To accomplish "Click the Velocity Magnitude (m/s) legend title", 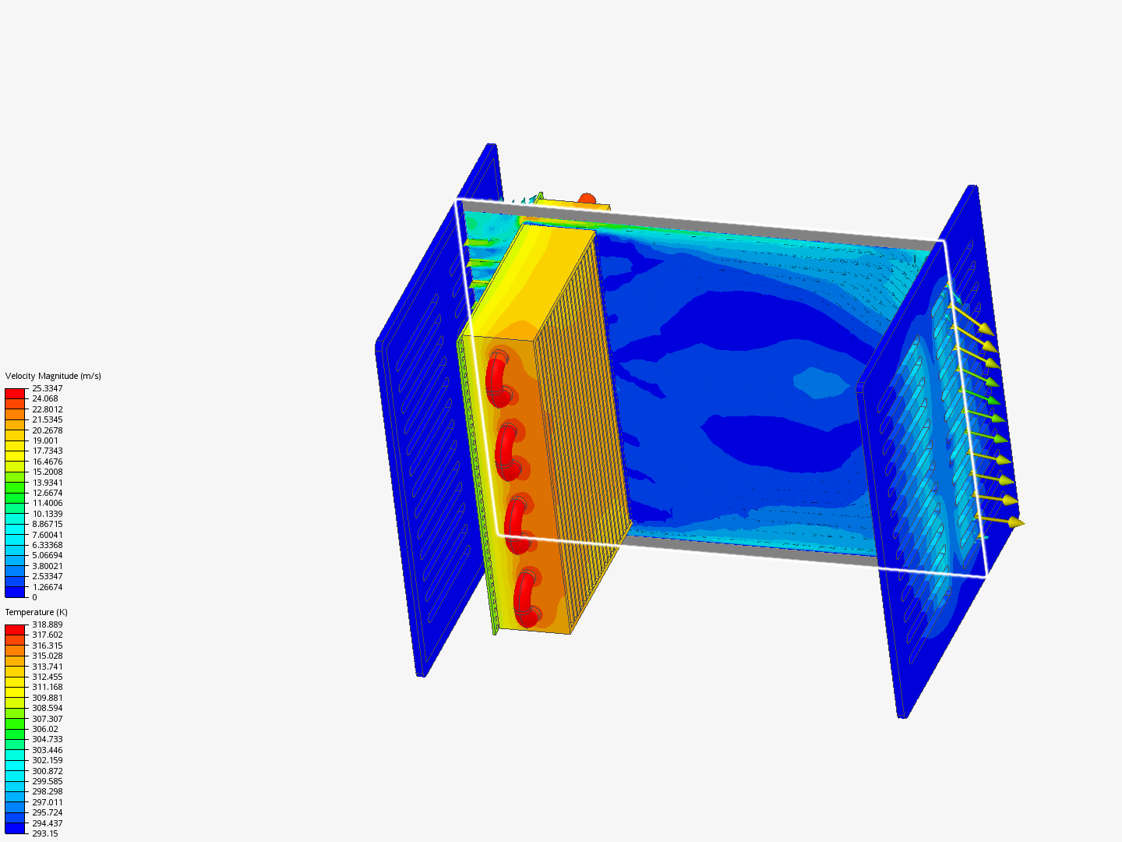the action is click(53, 376).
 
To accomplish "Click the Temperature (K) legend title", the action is click(37, 612).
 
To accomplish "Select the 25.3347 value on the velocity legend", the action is click(48, 388).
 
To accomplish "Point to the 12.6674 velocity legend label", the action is click(48, 493).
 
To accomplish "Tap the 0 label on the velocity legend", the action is click(35, 597).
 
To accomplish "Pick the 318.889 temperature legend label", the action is click(48, 624).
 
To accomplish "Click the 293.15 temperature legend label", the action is click(45, 833).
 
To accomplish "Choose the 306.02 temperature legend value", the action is click(45, 729).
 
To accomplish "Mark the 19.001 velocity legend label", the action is click(45, 440).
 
